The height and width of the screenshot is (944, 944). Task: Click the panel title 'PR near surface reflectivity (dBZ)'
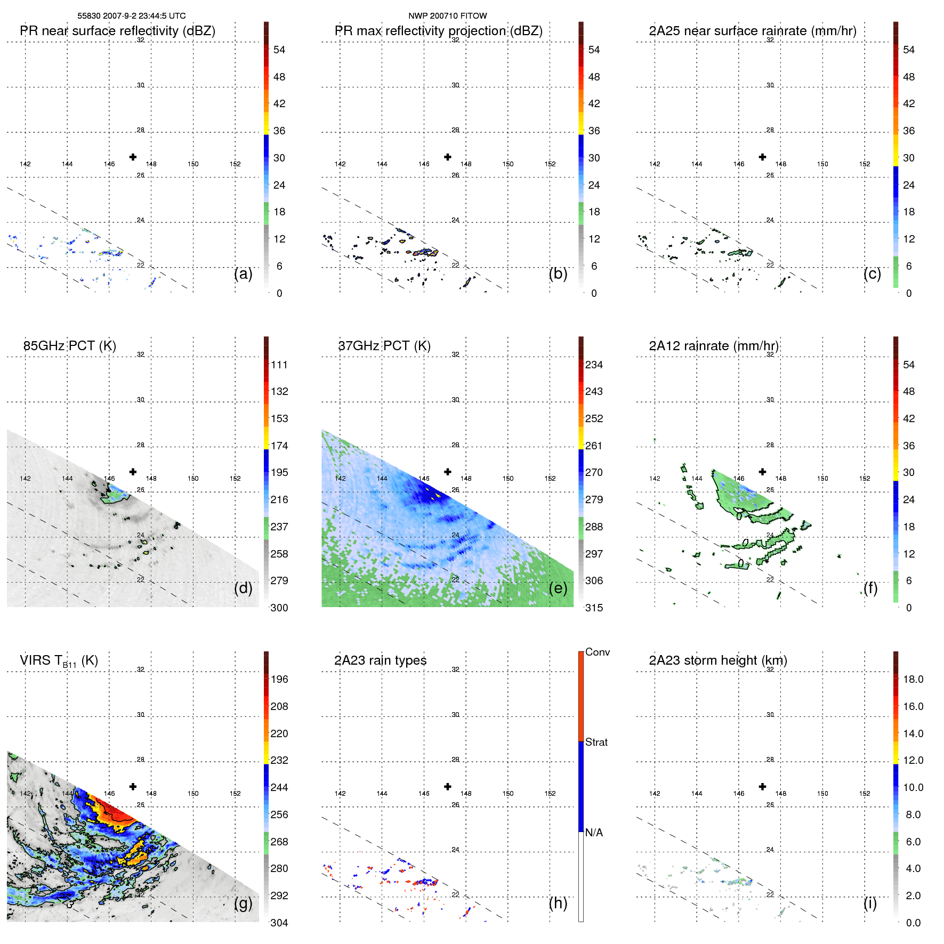point(117,31)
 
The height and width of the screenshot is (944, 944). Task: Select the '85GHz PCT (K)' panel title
point(69,346)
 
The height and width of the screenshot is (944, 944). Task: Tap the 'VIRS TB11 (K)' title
point(59,661)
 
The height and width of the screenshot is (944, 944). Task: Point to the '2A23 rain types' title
point(380,660)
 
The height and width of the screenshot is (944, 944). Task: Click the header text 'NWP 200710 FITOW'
point(447,16)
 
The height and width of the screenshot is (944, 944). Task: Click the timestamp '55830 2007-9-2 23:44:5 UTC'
point(132,16)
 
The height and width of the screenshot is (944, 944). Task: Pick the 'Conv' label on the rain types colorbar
point(597,652)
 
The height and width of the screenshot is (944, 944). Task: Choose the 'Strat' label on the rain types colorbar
point(596,742)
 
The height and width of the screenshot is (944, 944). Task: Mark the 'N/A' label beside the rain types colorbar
point(594,833)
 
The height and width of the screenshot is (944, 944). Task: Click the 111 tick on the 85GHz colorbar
point(279,365)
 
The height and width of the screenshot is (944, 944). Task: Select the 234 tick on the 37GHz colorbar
point(594,365)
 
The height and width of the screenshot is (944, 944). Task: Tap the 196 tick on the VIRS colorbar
point(279,679)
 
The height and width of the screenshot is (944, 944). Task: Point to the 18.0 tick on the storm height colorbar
point(913,679)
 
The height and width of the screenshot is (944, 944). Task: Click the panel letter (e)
point(558,588)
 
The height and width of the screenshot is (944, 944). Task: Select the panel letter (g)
point(243,903)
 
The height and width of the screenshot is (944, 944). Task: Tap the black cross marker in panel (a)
point(133,157)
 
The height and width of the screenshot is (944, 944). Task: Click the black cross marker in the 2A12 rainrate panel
point(762,472)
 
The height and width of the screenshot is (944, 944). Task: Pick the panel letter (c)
point(872,273)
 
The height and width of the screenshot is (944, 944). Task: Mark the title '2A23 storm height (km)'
point(717,660)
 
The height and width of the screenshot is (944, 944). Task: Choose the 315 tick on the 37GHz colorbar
point(594,608)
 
